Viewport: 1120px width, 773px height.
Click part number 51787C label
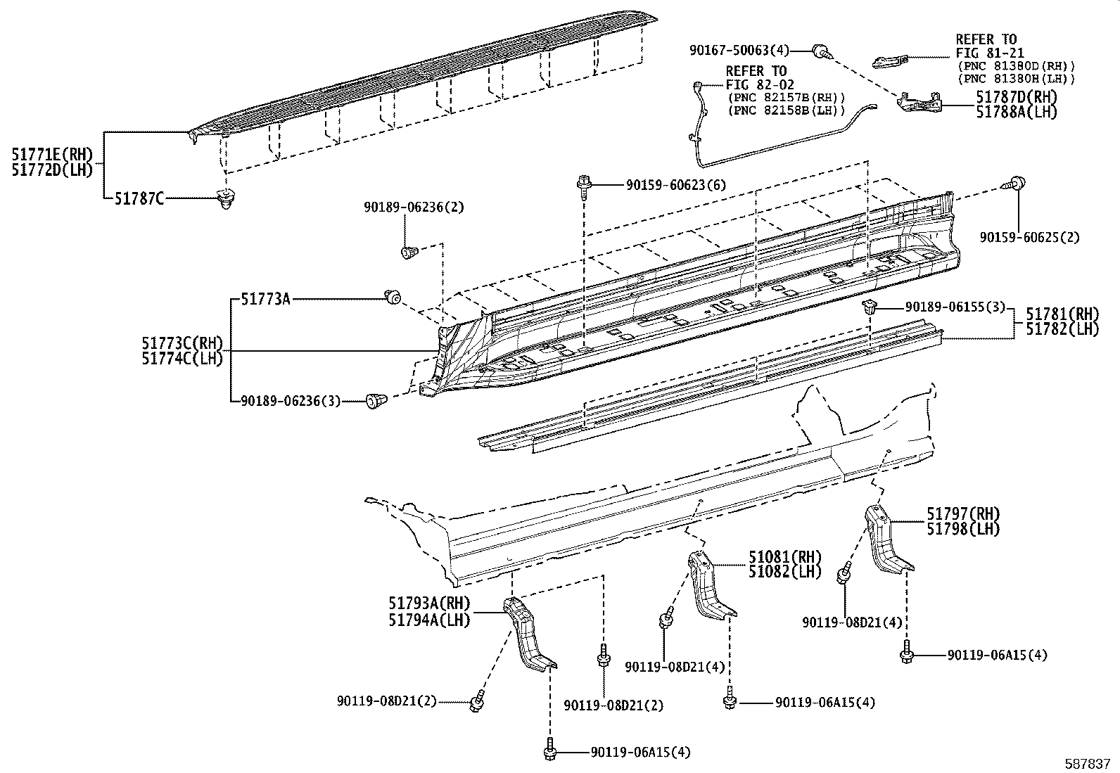[x=139, y=199]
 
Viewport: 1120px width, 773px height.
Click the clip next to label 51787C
[x=225, y=200]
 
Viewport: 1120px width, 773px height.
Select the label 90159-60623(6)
[x=675, y=185]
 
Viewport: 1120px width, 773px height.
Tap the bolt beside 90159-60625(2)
[x=1017, y=184]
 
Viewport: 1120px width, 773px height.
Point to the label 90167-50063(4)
[x=739, y=50]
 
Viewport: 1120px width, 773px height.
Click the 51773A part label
[x=265, y=299]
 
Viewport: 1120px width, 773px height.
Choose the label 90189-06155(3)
[x=955, y=307]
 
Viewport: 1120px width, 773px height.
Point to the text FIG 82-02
[x=756, y=84]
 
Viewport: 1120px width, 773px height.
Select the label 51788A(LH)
[x=1016, y=112]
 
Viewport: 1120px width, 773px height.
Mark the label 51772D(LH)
[x=52, y=170]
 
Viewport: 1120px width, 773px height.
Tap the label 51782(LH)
[x=1062, y=328]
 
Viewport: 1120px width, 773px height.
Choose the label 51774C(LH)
[x=182, y=358]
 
